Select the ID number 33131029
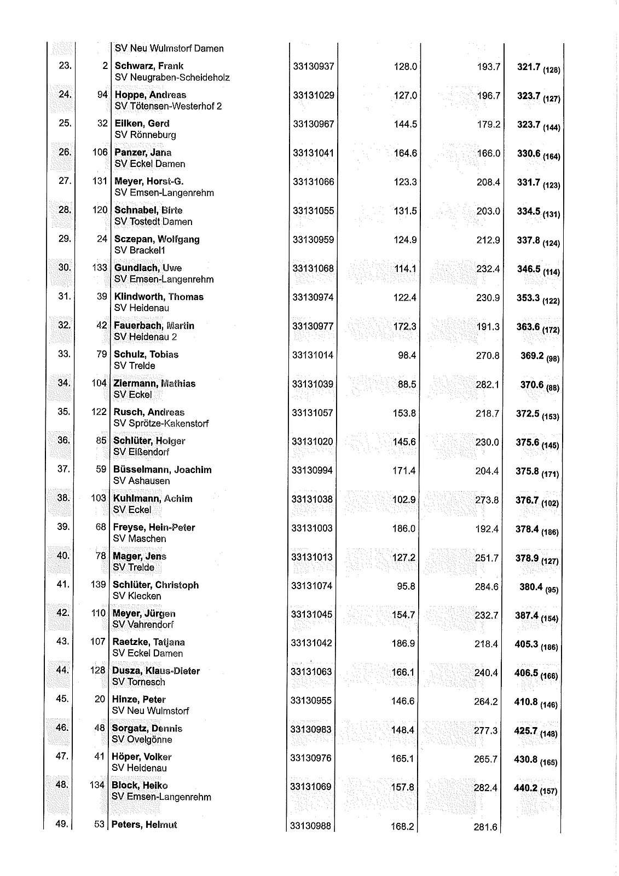(313, 95)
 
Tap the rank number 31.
(65, 296)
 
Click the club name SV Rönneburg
(145, 135)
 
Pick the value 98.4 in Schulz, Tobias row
(407, 355)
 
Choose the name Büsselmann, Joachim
(162, 470)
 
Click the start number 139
(98, 585)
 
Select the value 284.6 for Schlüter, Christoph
(487, 586)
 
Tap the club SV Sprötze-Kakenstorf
(161, 423)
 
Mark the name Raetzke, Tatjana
(148, 642)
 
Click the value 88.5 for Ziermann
(407, 384)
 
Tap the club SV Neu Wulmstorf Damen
(169, 48)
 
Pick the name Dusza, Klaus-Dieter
(155, 671)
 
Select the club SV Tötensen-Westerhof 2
(168, 106)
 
